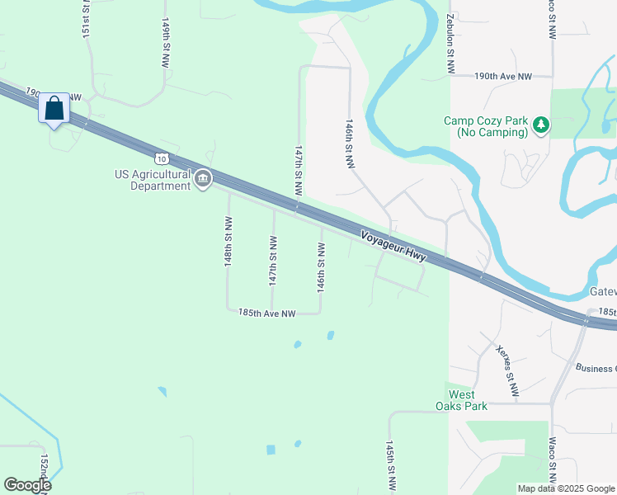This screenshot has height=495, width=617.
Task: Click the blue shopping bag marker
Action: click(54, 109)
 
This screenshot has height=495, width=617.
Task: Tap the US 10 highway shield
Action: click(160, 157)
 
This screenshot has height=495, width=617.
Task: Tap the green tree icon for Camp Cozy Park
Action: click(540, 125)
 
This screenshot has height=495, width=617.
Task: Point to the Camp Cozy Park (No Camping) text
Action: click(485, 126)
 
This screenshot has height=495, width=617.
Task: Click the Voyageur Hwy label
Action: click(393, 246)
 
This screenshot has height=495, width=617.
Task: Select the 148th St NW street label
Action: click(228, 240)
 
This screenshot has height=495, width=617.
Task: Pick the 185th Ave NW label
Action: click(266, 313)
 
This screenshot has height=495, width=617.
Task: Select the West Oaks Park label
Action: click(461, 400)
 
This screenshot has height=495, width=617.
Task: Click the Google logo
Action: click(26, 484)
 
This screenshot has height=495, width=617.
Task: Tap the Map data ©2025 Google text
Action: click(566, 488)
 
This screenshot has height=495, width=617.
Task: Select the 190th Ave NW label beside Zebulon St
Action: click(502, 76)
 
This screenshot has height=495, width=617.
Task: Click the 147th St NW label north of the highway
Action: click(299, 171)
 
